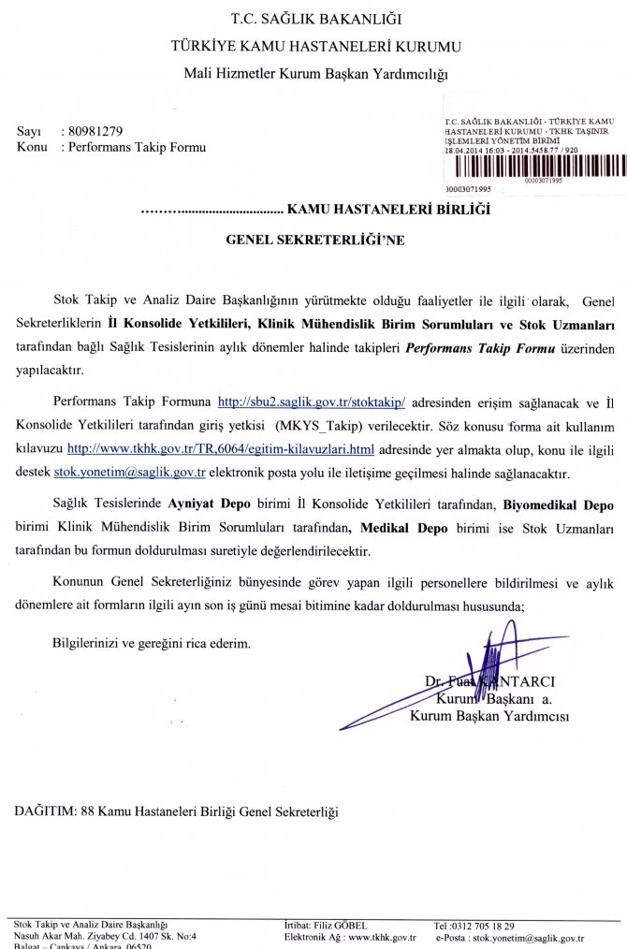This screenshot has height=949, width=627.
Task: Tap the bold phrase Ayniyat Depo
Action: point(205,504)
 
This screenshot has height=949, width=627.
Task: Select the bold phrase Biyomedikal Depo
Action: point(559,504)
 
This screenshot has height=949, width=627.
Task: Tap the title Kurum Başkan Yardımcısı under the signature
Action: point(489,717)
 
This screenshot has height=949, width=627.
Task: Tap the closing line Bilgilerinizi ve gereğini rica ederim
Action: point(152,643)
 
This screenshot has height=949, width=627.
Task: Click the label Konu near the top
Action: point(32,147)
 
